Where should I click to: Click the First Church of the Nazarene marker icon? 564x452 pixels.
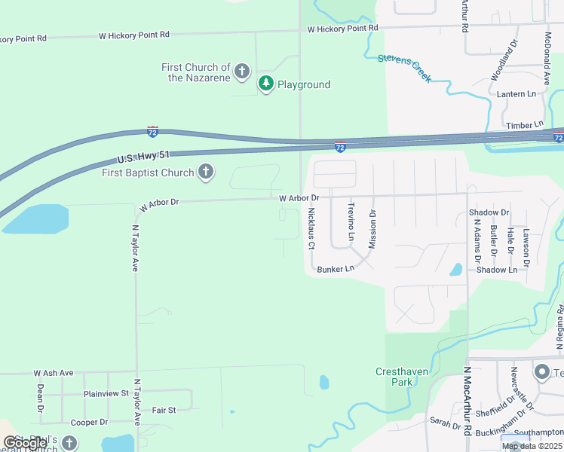click(x=242, y=72)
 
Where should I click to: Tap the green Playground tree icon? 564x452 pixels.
click(x=265, y=84)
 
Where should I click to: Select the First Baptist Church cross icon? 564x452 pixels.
click(x=205, y=173)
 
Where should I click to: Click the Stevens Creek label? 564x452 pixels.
click(x=404, y=67)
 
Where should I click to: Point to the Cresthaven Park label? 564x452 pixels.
click(x=394, y=377)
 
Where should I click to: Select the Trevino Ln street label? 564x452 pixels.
click(x=351, y=221)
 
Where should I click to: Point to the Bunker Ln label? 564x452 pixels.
click(x=336, y=269)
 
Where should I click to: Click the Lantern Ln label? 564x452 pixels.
click(x=516, y=94)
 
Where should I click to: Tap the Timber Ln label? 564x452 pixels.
click(x=524, y=125)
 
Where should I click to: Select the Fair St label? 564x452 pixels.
click(x=164, y=410)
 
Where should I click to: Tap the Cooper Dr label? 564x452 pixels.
click(x=89, y=423)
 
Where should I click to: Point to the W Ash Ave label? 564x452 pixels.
click(x=53, y=373)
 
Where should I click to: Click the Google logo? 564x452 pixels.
click(x=25, y=443)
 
